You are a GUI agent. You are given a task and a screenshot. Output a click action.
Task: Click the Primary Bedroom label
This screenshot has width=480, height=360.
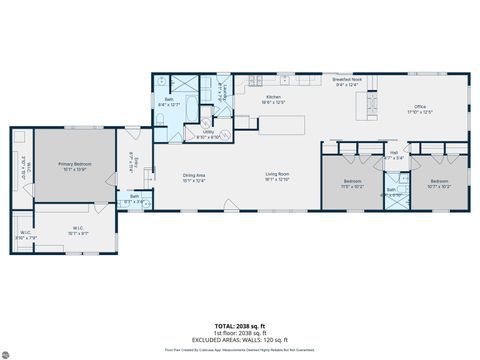[x=75, y=165]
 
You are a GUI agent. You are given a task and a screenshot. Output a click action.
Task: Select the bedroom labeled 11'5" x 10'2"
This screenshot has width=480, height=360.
[x=351, y=184]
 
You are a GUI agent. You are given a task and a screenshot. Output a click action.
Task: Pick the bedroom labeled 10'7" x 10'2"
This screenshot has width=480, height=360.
[x=439, y=184]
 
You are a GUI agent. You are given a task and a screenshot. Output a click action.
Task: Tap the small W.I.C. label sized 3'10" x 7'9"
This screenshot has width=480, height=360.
[x=26, y=236]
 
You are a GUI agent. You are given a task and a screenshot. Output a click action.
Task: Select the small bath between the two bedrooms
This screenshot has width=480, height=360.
[x=392, y=191]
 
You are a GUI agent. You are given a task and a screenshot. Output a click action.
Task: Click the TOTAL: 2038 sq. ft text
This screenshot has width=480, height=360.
[x=240, y=325]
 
